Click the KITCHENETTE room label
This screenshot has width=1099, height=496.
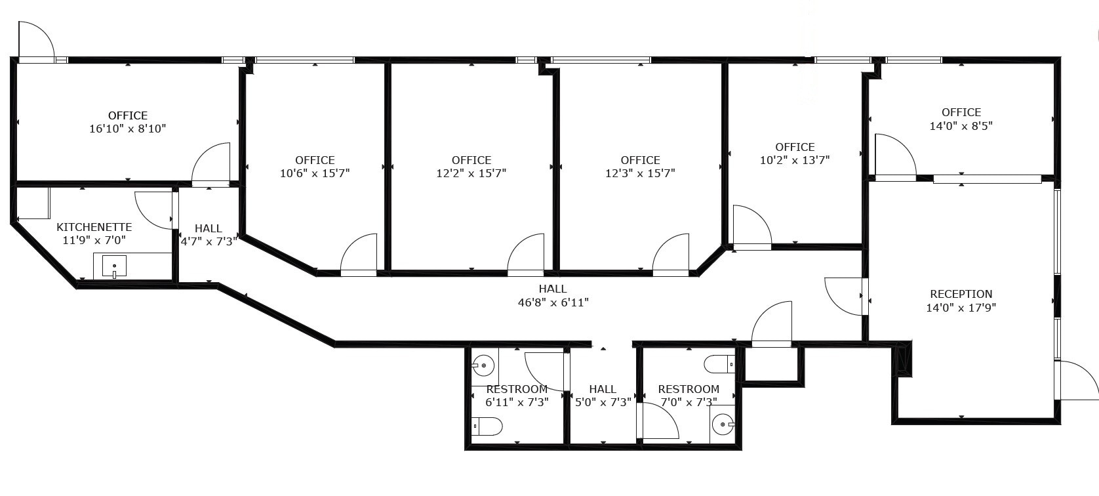coord(94,227)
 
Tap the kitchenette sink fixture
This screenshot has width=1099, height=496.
coord(114,267)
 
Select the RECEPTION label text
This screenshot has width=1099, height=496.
coord(961,294)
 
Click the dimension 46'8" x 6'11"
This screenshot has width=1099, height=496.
coord(552,302)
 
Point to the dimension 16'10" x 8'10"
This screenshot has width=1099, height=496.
coord(127,129)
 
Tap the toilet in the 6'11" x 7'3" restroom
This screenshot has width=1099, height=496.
coord(487,427)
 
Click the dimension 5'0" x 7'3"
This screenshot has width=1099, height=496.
coord(602,402)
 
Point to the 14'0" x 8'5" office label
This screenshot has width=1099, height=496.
coord(961,112)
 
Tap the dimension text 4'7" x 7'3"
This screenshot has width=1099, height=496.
coord(208,241)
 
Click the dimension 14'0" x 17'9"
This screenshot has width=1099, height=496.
coord(961,308)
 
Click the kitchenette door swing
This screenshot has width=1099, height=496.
coord(155,209)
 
